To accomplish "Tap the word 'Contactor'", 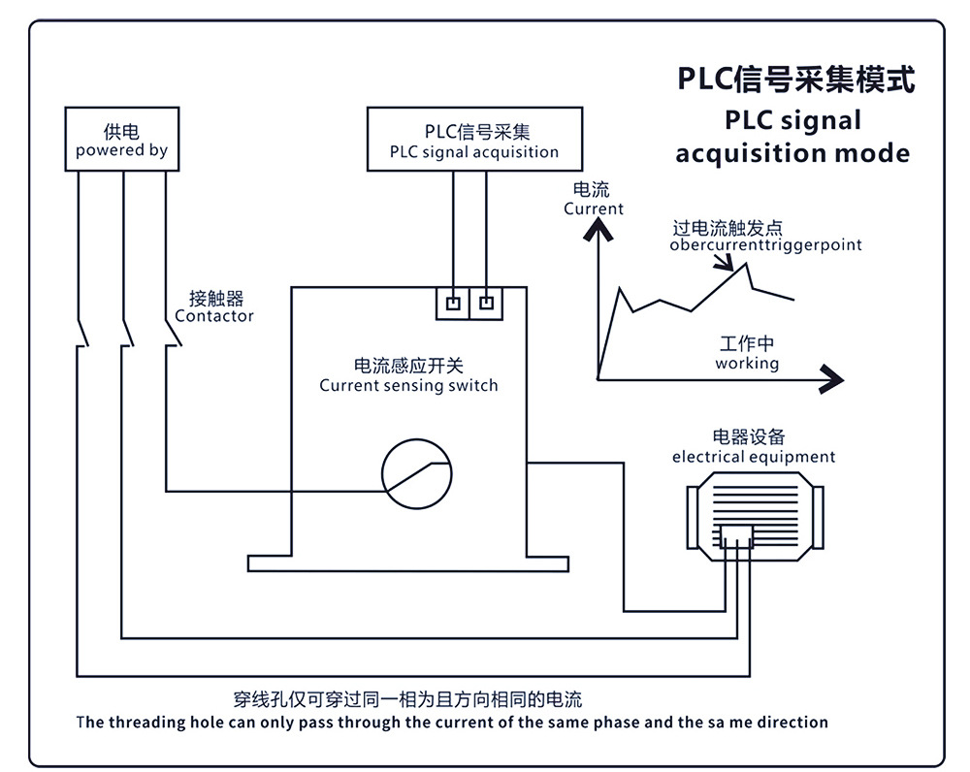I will pyautogui.click(x=214, y=316).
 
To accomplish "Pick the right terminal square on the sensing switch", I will pyautogui.click(x=487, y=303).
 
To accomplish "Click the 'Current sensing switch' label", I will pyautogui.click(x=408, y=385).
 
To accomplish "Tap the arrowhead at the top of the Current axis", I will pyautogui.click(x=599, y=230).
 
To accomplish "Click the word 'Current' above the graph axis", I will pyautogui.click(x=594, y=209).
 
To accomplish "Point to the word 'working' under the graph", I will pyautogui.click(x=747, y=363).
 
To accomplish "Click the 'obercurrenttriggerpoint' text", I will pyautogui.click(x=765, y=244).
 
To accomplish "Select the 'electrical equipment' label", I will pyautogui.click(x=753, y=457).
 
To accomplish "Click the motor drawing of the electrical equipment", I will pyautogui.click(x=754, y=506).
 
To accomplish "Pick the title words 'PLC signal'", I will pyautogui.click(x=792, y=120).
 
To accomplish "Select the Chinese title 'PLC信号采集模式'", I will pyautogui.click(x=795, y=80).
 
